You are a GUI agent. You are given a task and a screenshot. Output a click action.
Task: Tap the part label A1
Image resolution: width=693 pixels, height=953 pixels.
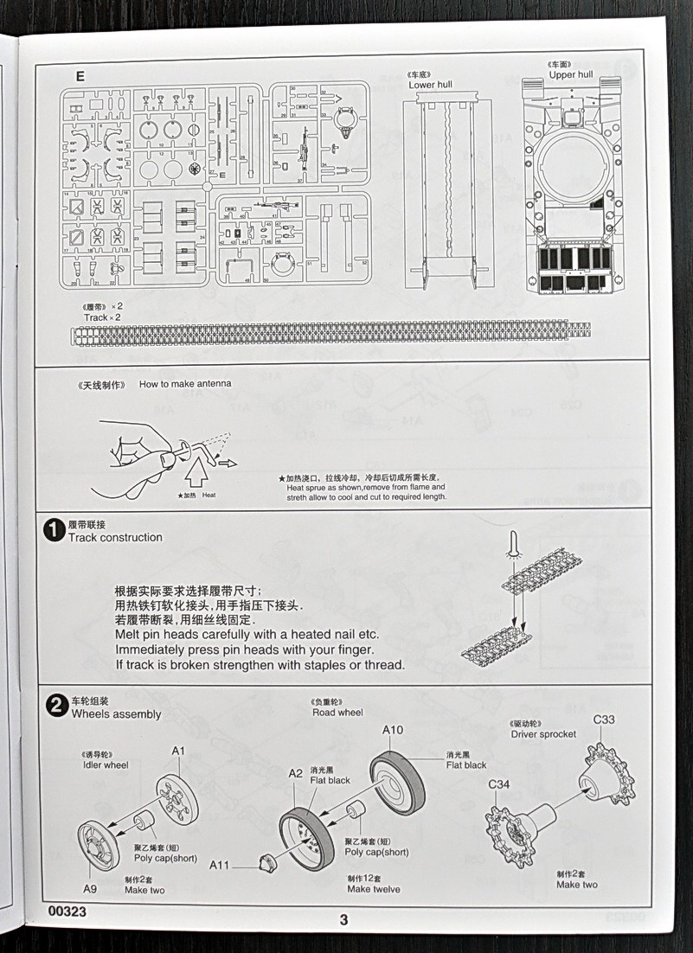(x=177, y=751)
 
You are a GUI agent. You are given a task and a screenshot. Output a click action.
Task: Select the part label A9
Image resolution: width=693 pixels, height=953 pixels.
(x=91, y=888)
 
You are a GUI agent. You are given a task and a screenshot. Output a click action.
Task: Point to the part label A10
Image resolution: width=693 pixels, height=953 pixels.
(x=393, y=730)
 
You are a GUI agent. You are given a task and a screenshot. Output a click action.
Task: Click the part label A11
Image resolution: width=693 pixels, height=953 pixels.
(x=220, y=865)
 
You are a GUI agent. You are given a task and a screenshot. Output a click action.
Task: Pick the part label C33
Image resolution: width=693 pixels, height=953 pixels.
(x=604, y=720)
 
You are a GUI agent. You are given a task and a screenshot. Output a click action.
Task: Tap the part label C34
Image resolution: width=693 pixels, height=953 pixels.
(x=499, y=785)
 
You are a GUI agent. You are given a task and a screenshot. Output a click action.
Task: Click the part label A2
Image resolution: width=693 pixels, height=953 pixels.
(x=296, y=773)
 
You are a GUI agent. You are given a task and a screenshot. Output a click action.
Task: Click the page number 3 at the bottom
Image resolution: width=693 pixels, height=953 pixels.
(x=343, y=918)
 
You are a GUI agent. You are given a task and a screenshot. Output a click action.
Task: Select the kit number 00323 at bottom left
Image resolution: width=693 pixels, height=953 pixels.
(x=68, y=912)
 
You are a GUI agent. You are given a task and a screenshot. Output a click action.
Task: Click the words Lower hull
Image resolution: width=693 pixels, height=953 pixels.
(x=430, y=84)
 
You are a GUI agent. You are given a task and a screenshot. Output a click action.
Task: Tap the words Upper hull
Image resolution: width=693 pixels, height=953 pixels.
(x=570, y=75)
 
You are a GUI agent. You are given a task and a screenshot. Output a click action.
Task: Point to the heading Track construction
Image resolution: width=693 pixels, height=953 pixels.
(x=115, y=537)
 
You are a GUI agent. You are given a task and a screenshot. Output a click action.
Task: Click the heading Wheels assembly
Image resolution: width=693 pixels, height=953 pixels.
(x=116, y=714)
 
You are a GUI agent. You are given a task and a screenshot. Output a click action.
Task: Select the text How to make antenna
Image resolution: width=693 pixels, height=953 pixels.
(x=185, y=383)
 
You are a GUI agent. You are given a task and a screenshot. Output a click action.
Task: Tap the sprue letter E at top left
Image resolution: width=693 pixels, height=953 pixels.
(x=80, y=75)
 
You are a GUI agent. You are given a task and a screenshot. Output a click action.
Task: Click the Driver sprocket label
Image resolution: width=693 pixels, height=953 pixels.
(x=542, y=734)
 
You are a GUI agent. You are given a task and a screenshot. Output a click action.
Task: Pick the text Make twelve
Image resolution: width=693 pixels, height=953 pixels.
(x=373, y=889)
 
